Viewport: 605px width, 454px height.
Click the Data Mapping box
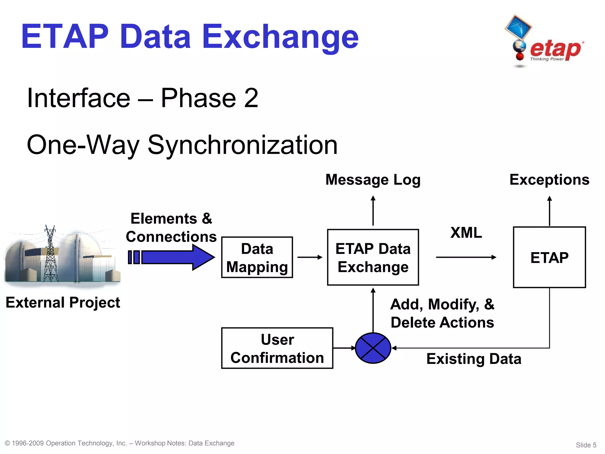[x=257, y=257]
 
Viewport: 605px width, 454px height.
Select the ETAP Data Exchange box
[x=373, y=257]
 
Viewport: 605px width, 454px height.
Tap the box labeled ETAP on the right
[x=549, y=257]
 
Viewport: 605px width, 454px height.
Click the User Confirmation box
[x=277, y=348]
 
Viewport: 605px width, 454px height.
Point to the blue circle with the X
[x=373, y=348]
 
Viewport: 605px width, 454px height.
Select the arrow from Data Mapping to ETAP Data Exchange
[x=310, y=257]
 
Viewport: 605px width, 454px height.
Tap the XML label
[x=466, y=233]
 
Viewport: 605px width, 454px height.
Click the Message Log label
[x=373, y=180]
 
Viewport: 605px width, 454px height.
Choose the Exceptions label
[x=549, y=180]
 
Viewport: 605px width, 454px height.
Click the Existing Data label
[x=474, y=359]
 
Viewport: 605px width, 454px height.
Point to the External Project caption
[x=63, y=302]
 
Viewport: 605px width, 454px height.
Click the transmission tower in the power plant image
[x=50, y=254]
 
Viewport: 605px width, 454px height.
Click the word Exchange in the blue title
[x=280, y=37]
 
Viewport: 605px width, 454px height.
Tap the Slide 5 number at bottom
[x=586, y=445]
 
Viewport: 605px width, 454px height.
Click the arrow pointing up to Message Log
[x=373, y=210]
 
